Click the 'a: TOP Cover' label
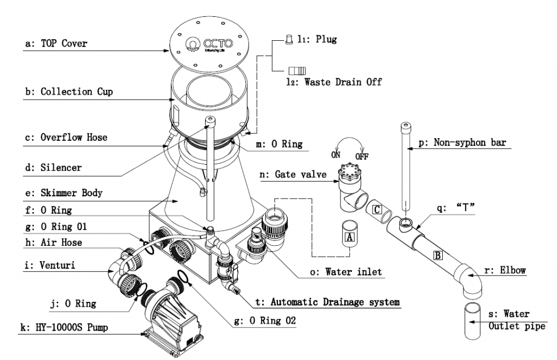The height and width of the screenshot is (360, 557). click(56, 43)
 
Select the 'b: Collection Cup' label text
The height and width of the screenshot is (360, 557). click(69, 91)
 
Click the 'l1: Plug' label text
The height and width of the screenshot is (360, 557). click(317, 40)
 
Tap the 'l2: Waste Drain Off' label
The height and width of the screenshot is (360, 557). click(334, 83)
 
